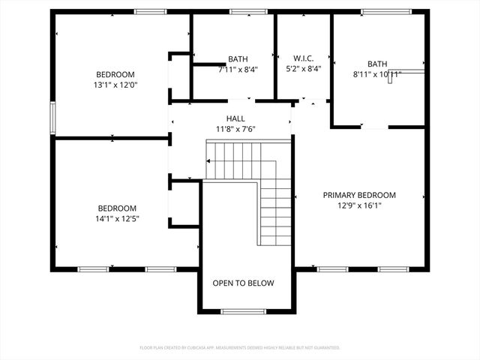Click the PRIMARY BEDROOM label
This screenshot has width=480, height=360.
click(x=359, y=195)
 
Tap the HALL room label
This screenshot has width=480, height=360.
click(x=235, y=118)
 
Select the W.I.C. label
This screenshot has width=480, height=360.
click(x=303, y=58)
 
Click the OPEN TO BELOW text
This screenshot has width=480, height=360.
click(x=243, y=283)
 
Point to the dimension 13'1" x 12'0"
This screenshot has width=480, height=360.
click(x=115, y=85)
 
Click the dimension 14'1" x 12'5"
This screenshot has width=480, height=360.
click(x=117, y=219)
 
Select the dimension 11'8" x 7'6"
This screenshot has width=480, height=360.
click(x=235, y=129)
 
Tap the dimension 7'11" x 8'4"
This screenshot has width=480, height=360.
click(x=238, y=69)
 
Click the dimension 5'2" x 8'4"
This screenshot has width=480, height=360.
click(x=303, y=69)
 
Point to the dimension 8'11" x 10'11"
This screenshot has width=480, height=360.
click(x=377, y=74)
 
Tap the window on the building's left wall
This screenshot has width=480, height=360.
click(x=52, y=116)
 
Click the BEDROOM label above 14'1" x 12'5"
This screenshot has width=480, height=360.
click(x=117, y=208)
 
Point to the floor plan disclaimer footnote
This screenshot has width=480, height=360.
click(x=240, y=348)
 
